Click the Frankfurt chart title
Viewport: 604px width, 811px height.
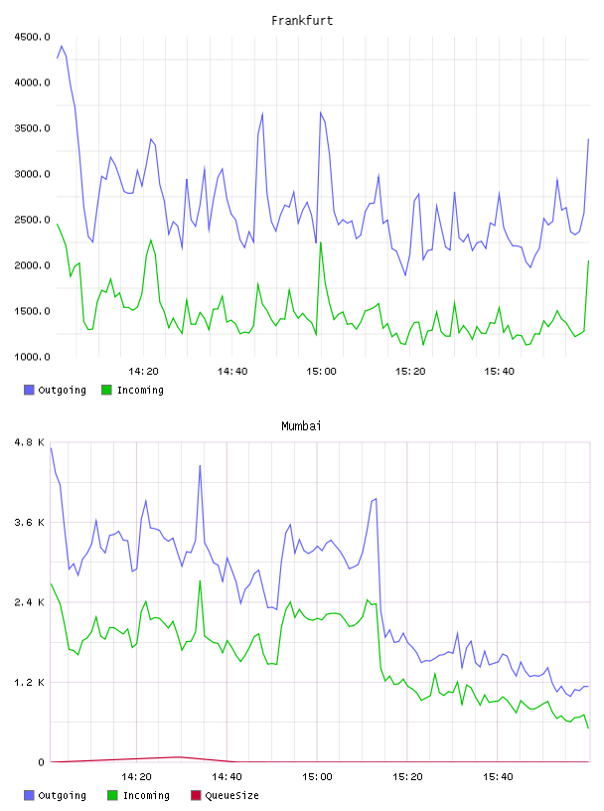pyautogui.click(x=302, y=20)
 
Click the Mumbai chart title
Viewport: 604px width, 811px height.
pyautogui.click(x=301, y=425)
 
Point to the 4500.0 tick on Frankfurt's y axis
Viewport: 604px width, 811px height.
pyautogui.click(x=32, y=37)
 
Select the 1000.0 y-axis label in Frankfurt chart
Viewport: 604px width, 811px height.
pyautogui.click(x=32, y=357)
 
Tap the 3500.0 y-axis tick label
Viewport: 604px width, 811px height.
pyautogui.click(x=32, y=128)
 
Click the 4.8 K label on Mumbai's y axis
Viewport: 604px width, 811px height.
pyautogui.click(x=29, y=442)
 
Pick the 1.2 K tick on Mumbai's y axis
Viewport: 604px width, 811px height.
pyautogui.click(x=29, y=682)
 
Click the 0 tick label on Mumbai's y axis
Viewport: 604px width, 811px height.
pyautogui.click(x=41, y=762)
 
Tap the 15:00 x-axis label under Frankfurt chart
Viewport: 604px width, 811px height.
pyautogui.click(x=321, y=371)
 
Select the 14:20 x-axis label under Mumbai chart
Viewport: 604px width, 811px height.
pyautogui.click(x=136, y=776)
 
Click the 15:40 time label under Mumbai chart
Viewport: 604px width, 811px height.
pyautogui.click(x=498, y=776)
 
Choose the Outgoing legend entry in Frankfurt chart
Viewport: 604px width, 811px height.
pyautogui.click(x=55, y=390)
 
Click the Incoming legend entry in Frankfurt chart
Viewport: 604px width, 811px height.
pyautogui.click(x=132, y=390)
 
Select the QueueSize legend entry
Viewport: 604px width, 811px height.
pyautogui.click(x=225, y=795)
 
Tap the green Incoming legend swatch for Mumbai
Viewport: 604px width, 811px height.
pyautogui.click(x=112, y=795)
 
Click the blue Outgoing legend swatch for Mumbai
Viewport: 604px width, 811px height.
pyautogui.click(x=29, y=795)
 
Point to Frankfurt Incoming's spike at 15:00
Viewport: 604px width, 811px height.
pyautogui.click(x=321, y=243)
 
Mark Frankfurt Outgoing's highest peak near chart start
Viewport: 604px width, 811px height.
pyautogui.click(x=62, y=46)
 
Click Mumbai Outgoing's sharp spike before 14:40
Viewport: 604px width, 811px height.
pyautogui.click(x=200, y=466)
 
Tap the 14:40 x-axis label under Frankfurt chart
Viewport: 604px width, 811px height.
pyautogui.click(x=232, y=371)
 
